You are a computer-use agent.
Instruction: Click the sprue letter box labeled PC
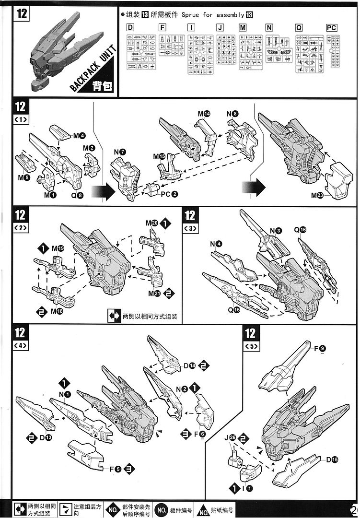tap(332, 28)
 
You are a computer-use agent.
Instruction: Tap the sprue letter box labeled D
tap(130, 28)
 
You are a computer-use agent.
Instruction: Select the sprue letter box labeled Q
tap(299, 28)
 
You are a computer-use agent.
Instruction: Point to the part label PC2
tap(169, 194)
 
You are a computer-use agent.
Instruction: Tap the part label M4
tap(79, 136)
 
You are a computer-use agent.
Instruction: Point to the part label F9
tap(320, 348)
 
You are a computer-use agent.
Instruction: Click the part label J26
tap(230, 437)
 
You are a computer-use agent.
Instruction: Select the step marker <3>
tap(190, 228)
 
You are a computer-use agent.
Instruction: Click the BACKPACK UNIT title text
tap(93, 67)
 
